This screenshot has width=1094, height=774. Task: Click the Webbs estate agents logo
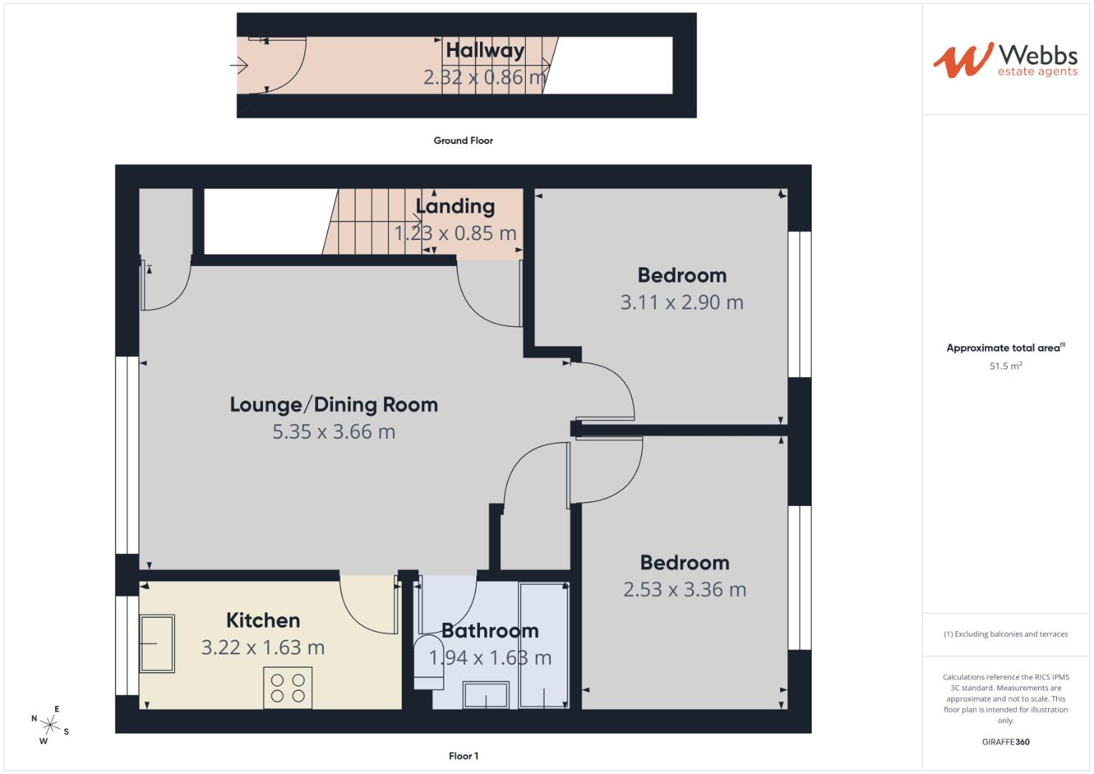[x=1004, y=60]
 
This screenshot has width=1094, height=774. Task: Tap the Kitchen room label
[x=263, y=620]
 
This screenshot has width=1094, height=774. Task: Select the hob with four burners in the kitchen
[x=288, y=687]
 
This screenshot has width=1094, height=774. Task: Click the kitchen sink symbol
[x=157, y=643]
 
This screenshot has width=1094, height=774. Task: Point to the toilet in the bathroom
[x=428, y=661]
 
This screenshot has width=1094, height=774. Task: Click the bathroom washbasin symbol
[x=486, y=695]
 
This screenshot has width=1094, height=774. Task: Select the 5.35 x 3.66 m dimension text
[x=334, y=431]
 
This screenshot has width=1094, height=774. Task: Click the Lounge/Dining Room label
[x=334, y=404]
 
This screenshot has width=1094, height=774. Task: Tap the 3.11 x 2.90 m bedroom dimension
[x=681, y=302]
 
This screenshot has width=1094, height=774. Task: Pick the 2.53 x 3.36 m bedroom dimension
[x=684, y=590]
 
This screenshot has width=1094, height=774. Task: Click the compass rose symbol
[x=49, y=725]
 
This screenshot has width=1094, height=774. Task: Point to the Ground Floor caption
[x=463, y=140]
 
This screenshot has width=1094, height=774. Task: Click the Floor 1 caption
[x=463, y=756]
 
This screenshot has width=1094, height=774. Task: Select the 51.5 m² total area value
[x=1005, y=366]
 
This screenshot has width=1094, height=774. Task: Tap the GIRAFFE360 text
[x=1005, y=742]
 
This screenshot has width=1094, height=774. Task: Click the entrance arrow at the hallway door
[x=239, y=66]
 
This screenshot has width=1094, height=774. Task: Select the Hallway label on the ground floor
[x=485, y=50]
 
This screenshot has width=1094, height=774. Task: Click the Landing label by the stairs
[x=455, y=206]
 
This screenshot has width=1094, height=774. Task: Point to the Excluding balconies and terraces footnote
[x=1005, y=634]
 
